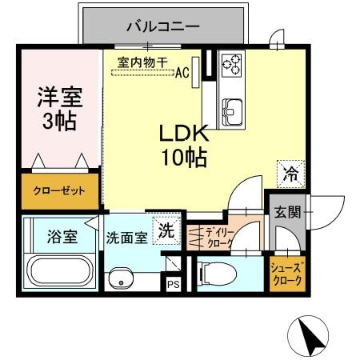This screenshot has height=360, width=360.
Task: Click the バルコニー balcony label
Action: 162,26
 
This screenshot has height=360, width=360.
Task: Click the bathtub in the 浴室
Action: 60,270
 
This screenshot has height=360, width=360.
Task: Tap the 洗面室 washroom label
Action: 126,238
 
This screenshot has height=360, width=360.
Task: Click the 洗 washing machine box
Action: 165,230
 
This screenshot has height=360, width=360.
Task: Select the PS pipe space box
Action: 173,282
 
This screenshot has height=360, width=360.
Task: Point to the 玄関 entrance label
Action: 287,213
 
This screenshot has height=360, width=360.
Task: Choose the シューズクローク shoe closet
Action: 286,274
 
